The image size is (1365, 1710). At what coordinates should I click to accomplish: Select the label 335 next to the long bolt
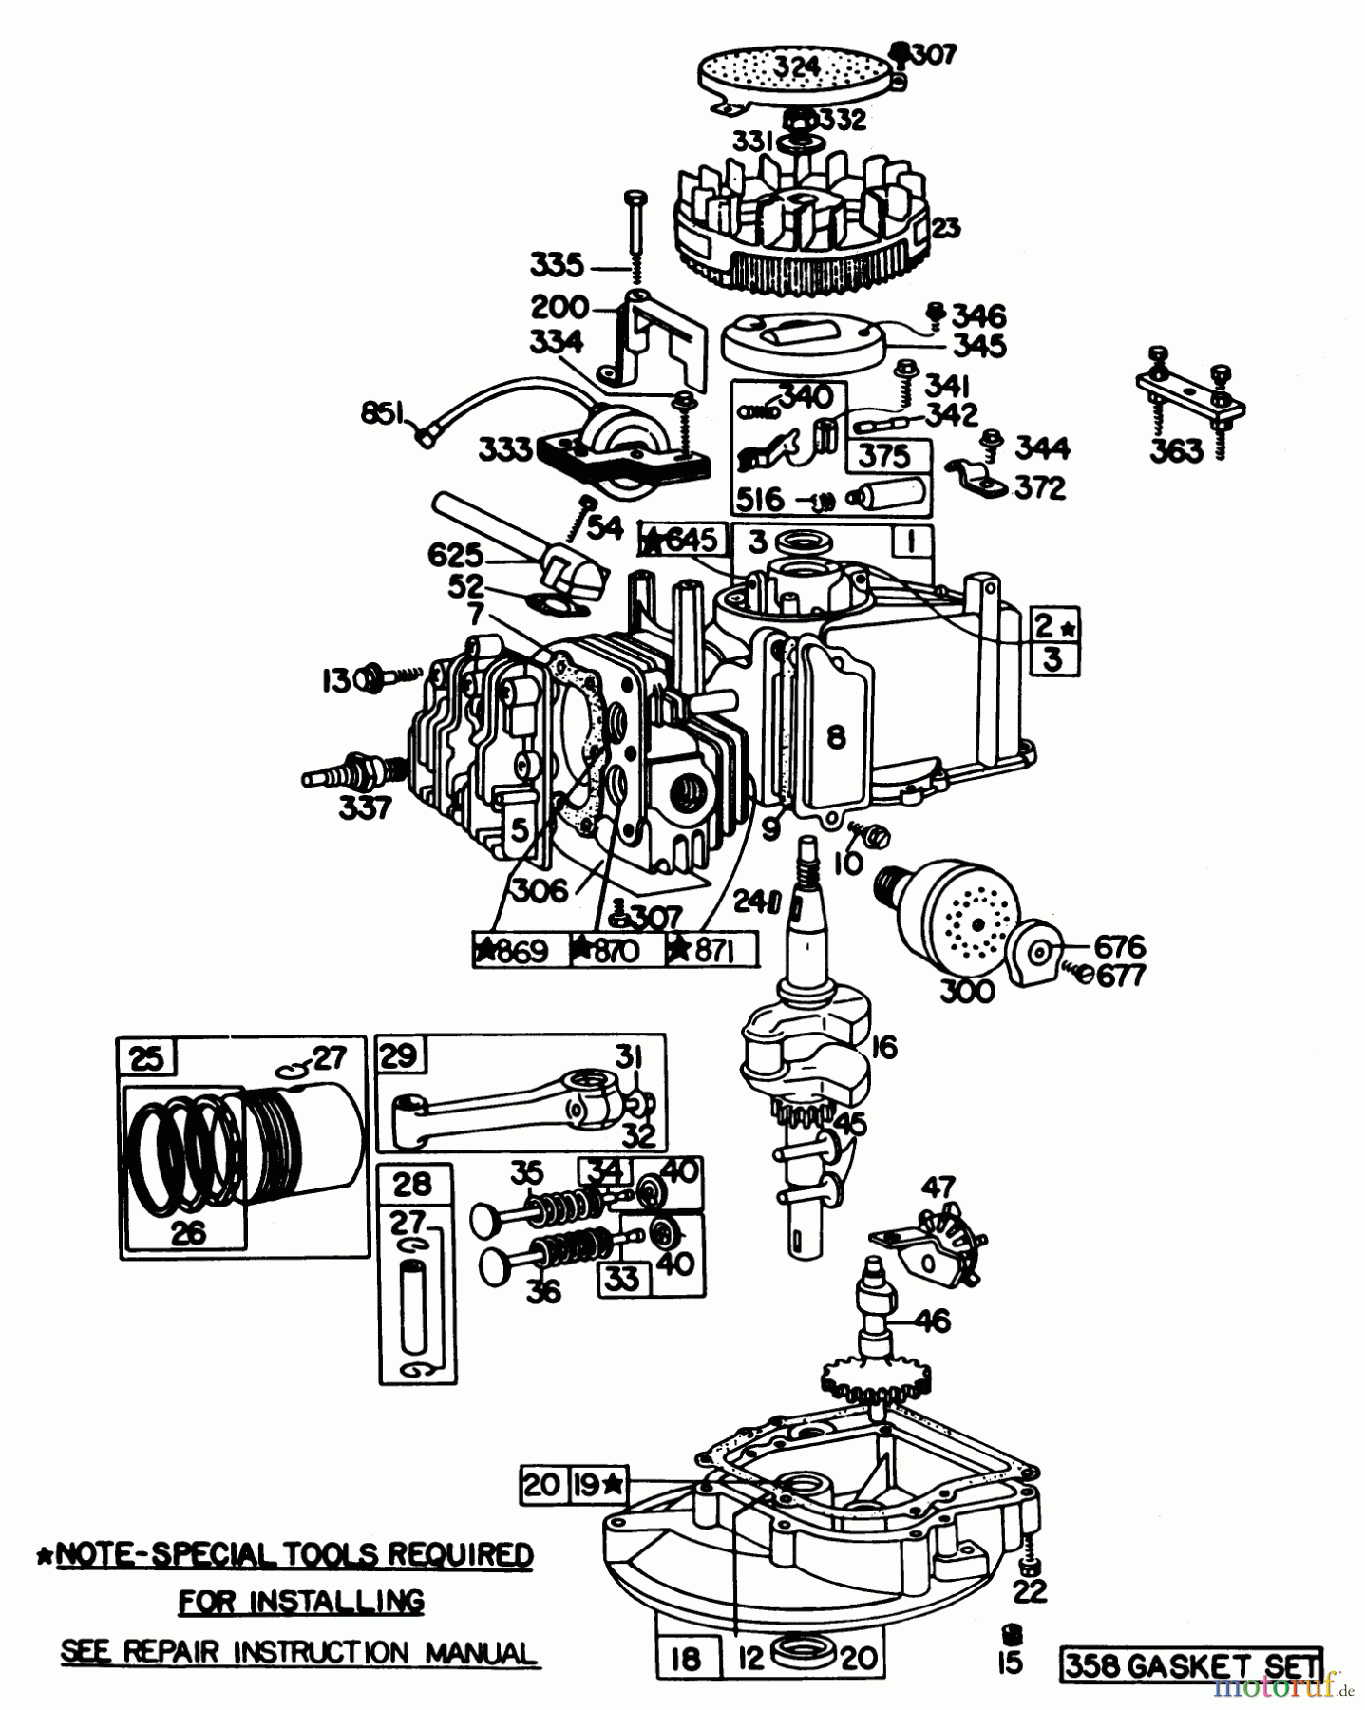(x=556, y=265)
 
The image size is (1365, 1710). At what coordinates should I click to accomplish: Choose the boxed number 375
(x=883, y=456)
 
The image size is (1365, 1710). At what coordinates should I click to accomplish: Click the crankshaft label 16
(x=883, y=1048)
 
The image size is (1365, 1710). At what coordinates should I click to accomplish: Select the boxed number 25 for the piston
(x=145, y=1058)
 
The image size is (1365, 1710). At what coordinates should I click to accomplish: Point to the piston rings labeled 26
(x=187, y=1232)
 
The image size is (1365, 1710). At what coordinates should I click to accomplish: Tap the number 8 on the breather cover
(x=835, y=737)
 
